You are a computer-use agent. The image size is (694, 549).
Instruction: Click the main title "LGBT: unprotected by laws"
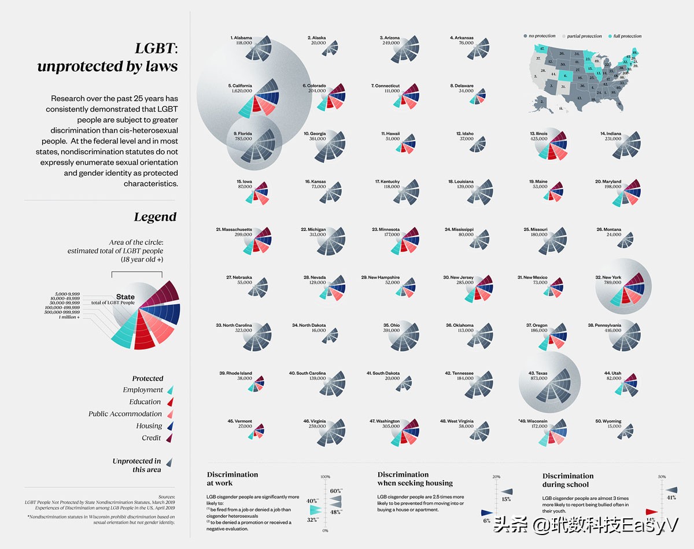(108, 58)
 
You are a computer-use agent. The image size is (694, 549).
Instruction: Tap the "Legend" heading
(155, 217)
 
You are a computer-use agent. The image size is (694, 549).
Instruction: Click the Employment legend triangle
(170, 390)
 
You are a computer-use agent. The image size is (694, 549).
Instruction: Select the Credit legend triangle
(170, 439)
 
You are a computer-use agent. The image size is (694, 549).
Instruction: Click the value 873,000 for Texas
(538, 378)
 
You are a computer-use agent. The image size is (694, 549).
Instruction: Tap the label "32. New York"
(608, 278)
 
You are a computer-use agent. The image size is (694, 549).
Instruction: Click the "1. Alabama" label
(241, 38)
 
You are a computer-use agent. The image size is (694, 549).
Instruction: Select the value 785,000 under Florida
(243, 139)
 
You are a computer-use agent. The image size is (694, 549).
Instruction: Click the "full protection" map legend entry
(627, 36)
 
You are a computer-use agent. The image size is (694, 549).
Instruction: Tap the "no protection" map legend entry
(541, 36)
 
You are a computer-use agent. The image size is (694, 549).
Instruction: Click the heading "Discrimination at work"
(232, 478)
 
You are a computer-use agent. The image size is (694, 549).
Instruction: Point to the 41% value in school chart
(671, 498)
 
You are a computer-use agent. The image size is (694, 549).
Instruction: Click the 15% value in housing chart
(506, 499)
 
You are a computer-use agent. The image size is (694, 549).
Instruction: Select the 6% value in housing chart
(486, 521)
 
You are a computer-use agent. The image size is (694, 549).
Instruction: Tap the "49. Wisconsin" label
(533, 421)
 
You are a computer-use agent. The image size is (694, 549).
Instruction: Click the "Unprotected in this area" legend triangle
(170, 463)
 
